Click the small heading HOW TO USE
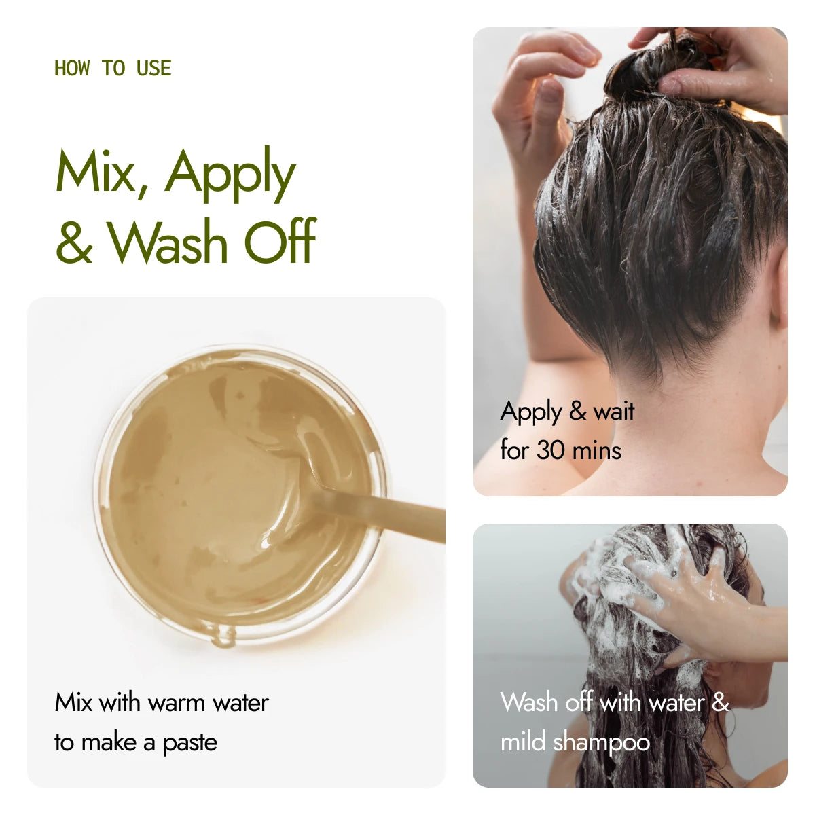tap(113, 68)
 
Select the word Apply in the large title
tap(230, 175)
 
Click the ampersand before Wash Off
tap(75, 242)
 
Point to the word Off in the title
tap(280, 240)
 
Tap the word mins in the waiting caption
tap(600, 450)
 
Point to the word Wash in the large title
tap(167, 242)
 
